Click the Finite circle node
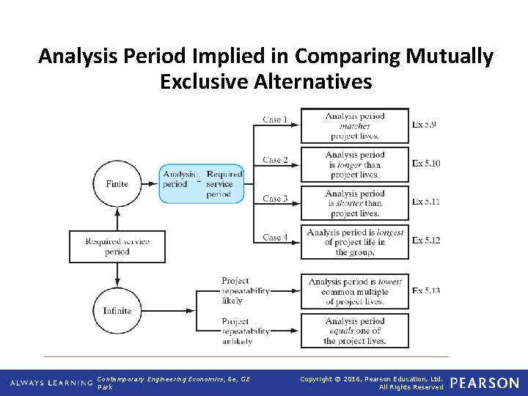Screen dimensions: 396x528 coord(117,184)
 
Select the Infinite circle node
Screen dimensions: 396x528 coord(117,310)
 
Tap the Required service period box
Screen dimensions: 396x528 coord(117,246)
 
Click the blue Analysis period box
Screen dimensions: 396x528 coord(202,184)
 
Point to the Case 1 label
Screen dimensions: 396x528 coord(276,120)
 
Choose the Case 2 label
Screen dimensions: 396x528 coord(276,160)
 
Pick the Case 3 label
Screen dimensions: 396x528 coord(276,199)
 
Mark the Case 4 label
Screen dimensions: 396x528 coord(276,238)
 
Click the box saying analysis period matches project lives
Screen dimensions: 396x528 coord(354,126)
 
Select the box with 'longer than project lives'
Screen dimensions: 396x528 coord(354,165)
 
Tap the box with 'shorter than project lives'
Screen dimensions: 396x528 coord(354,204)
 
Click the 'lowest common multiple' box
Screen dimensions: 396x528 coord(354,291)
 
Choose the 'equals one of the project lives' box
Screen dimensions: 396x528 coord(354,331)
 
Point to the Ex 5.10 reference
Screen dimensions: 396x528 coord(426,164)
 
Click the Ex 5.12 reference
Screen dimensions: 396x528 coord(426,241)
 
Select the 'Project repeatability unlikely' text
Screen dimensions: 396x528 coord(246,331)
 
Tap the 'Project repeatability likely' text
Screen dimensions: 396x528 coord(246,290)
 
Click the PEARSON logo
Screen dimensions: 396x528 coord(484,383)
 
